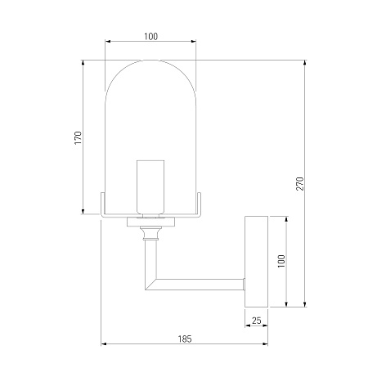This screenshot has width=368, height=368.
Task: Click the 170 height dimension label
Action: (79, 137)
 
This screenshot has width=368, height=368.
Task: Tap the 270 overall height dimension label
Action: (299, 183)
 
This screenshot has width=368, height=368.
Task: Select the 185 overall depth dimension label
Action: (185, 339)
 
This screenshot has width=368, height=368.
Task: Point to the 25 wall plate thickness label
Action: (257, 321)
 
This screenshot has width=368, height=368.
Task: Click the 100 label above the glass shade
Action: (150, 36)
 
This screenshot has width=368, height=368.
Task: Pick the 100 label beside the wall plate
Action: (281, 261)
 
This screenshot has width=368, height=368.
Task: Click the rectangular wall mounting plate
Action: (256, 262)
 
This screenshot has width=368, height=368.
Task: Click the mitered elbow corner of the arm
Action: (150, 284)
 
